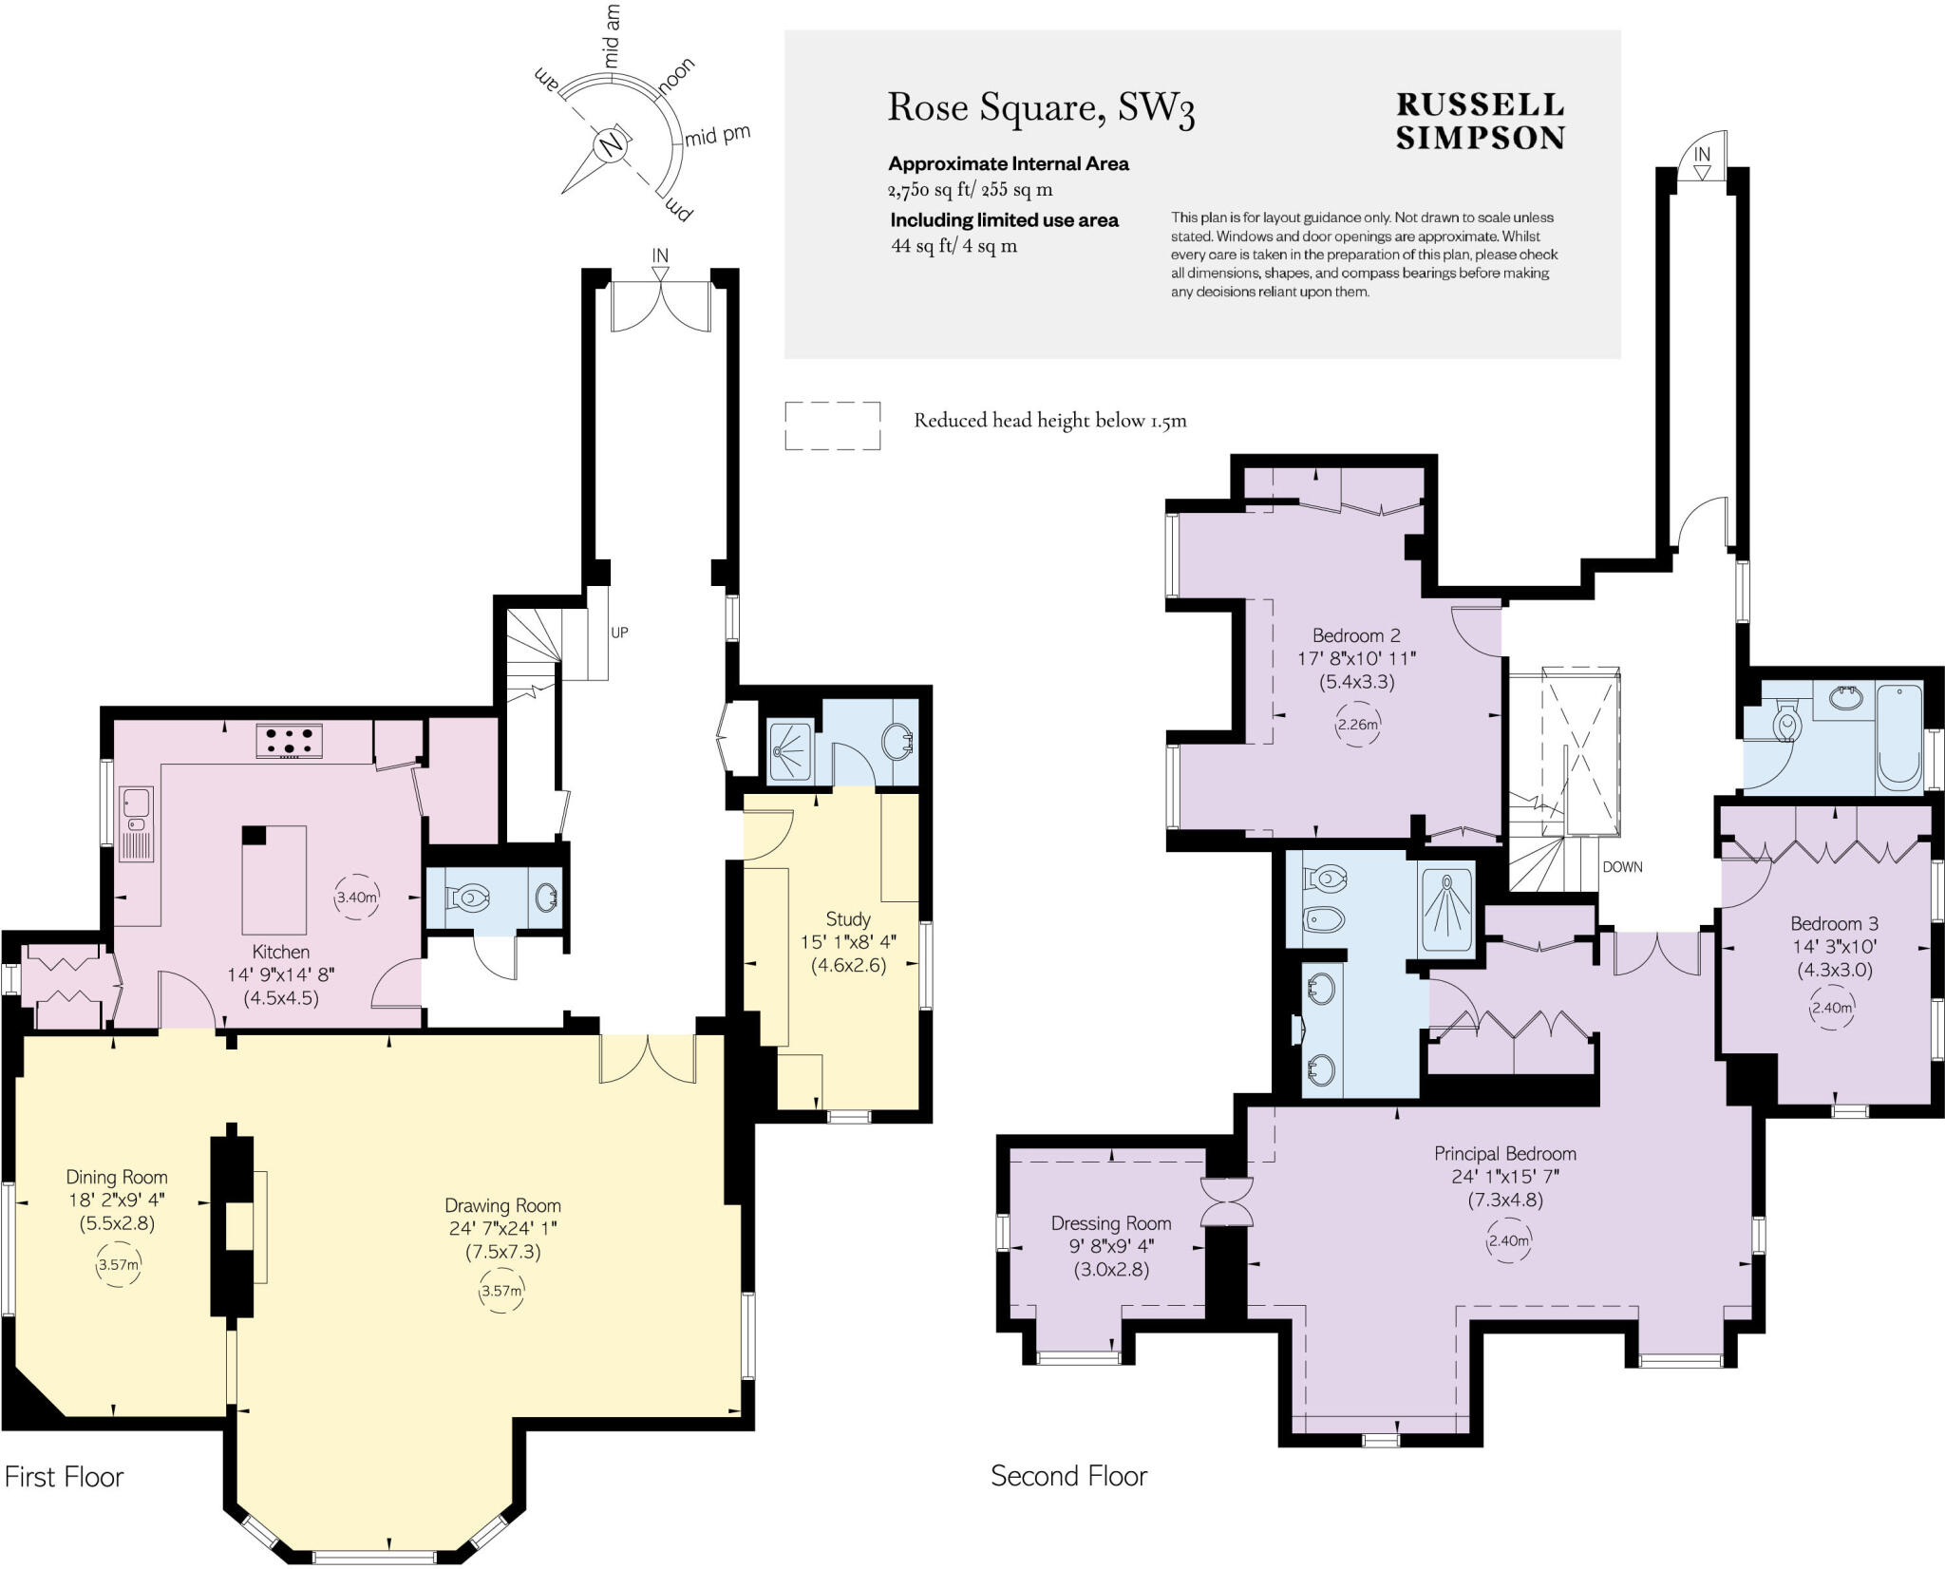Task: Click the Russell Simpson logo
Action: pos(1480,121)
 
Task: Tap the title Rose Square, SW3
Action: pos(1041,108)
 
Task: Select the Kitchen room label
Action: pos(280,952)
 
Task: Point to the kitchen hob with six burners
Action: pos(289,741)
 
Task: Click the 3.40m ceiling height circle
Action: pos(357,897)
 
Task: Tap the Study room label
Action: pos(848,918)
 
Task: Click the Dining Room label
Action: pos(117,1177)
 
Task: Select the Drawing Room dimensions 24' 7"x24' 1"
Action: pos(502,1228)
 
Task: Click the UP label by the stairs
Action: pos(619,633)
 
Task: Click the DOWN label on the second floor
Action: pos(1622,867)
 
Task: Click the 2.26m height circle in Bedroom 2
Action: pos(1357,725)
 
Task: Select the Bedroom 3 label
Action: pos(1834,923)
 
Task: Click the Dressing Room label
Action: pos(1111,1223)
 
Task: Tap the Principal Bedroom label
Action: pos(1504,1154)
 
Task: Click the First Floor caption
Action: pos(65,1477)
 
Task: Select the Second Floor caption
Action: pos(1068,1476)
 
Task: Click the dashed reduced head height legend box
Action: pos(832,425)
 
